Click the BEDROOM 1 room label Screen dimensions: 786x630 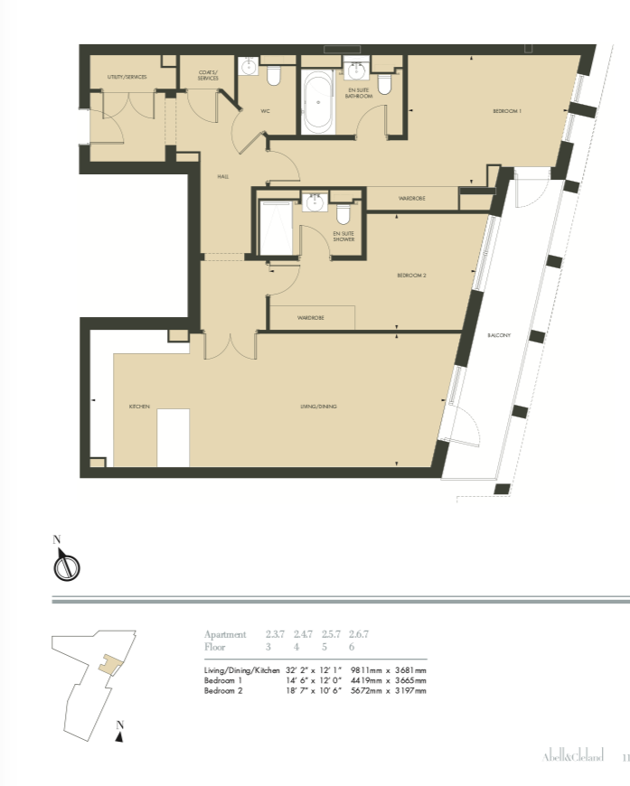tap(507, 110)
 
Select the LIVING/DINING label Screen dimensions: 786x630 tap(318, 407)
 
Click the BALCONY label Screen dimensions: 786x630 tap(499, 335)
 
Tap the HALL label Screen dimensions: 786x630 tap(222, 176)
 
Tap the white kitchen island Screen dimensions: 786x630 tap(173, 438)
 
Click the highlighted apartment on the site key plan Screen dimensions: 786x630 tap(109, 663)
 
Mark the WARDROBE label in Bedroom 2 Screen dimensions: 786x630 tap(311, 319)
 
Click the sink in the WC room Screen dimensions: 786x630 tap(249, 69)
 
